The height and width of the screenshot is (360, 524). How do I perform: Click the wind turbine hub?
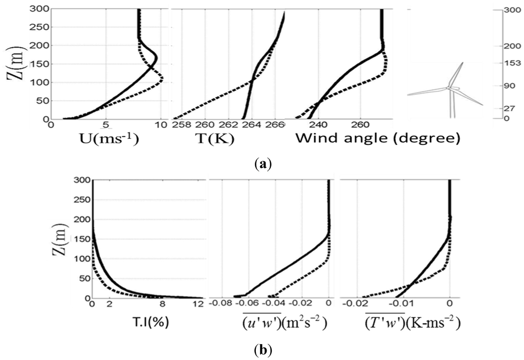pos(449,88)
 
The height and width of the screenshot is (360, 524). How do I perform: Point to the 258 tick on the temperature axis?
pos(180,125)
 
